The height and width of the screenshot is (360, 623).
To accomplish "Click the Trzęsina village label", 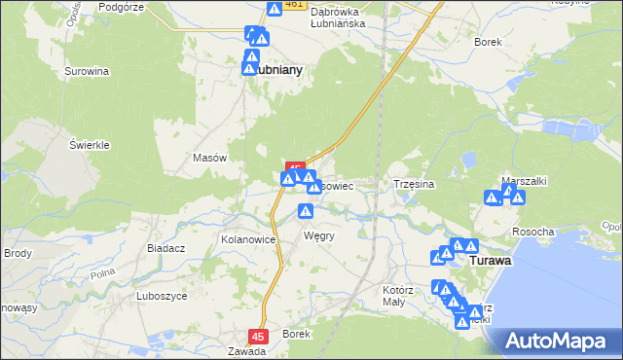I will [413, 183].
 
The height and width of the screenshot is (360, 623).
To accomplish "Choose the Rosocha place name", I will [533, 232].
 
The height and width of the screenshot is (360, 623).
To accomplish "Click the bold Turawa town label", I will [492, 262].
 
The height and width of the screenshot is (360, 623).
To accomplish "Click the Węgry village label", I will [319, 235].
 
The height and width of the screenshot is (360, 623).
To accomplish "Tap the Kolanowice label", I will [250, 238].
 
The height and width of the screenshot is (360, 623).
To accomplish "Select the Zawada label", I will [246, 351].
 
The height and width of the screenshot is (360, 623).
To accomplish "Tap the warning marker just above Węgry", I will [306, 211].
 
